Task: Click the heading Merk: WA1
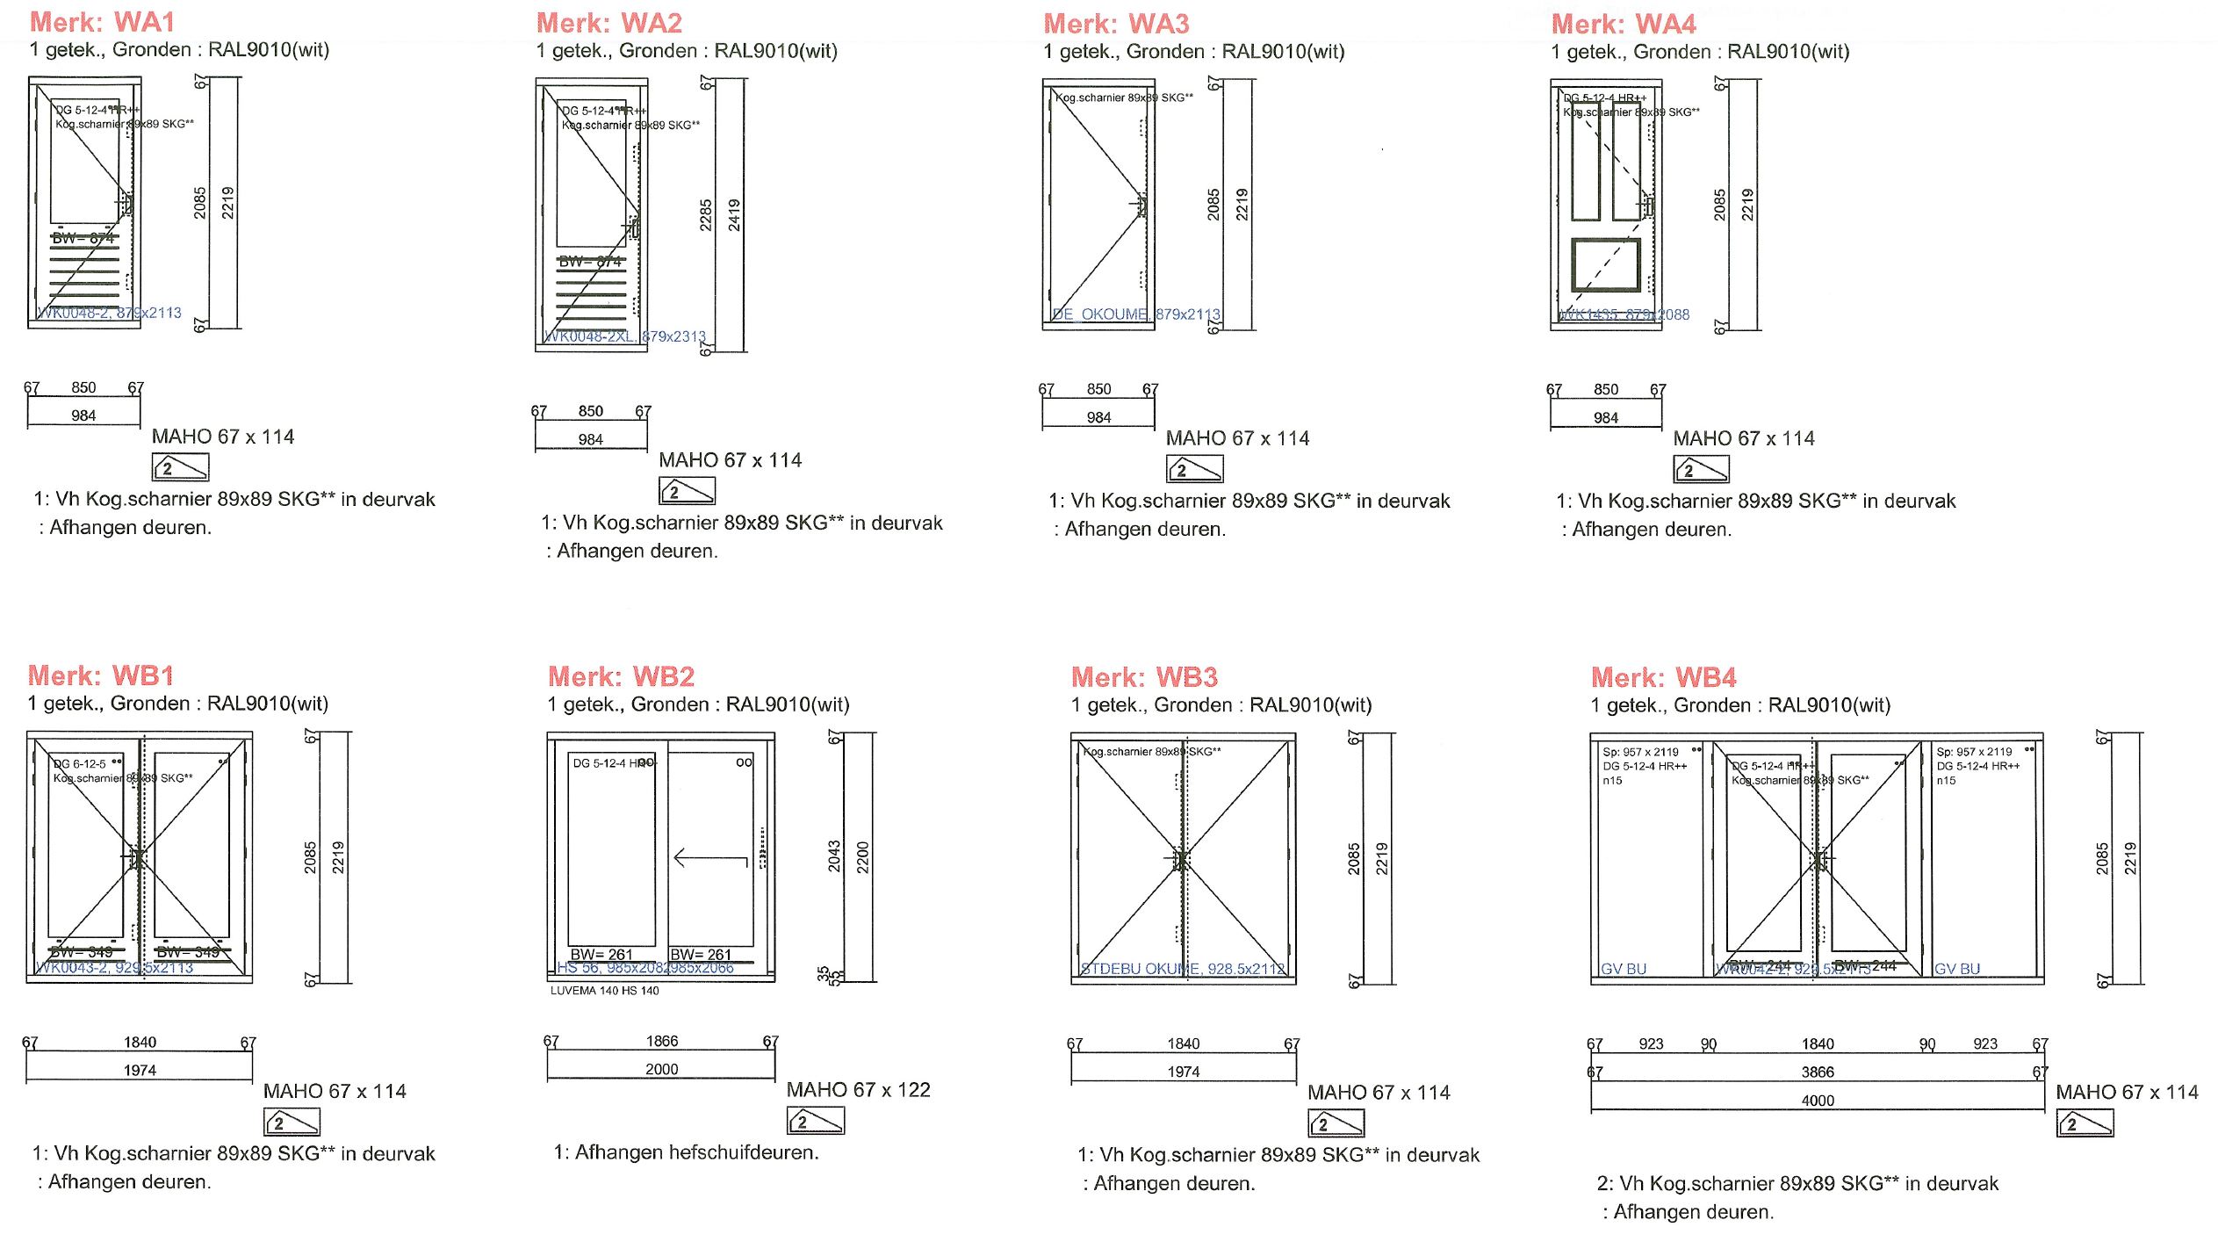click(102, 22)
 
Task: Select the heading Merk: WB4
click(1663, 677)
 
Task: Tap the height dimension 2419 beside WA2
click(734, 215)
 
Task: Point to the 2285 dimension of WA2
click(706, 215)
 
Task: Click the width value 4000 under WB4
click(1817, 1101)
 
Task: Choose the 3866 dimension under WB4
click(1817, 1072)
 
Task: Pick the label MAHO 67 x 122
click(858, 1090)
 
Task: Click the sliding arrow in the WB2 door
click(710, 858)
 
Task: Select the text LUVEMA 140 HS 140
click(604, 991)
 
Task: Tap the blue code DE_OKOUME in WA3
click(1100, 314)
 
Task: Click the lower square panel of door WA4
click(1605, 264)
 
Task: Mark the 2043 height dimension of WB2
click(834, 856)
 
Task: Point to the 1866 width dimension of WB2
click(661, 1041)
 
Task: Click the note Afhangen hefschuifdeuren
click(687, 1152)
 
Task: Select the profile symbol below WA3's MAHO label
click(1194, 469)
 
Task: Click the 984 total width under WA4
click(1605, 418)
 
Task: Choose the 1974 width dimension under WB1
click(140, 1070)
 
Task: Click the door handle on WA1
click(126, 204)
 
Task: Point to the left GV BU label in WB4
click(1623, 969)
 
